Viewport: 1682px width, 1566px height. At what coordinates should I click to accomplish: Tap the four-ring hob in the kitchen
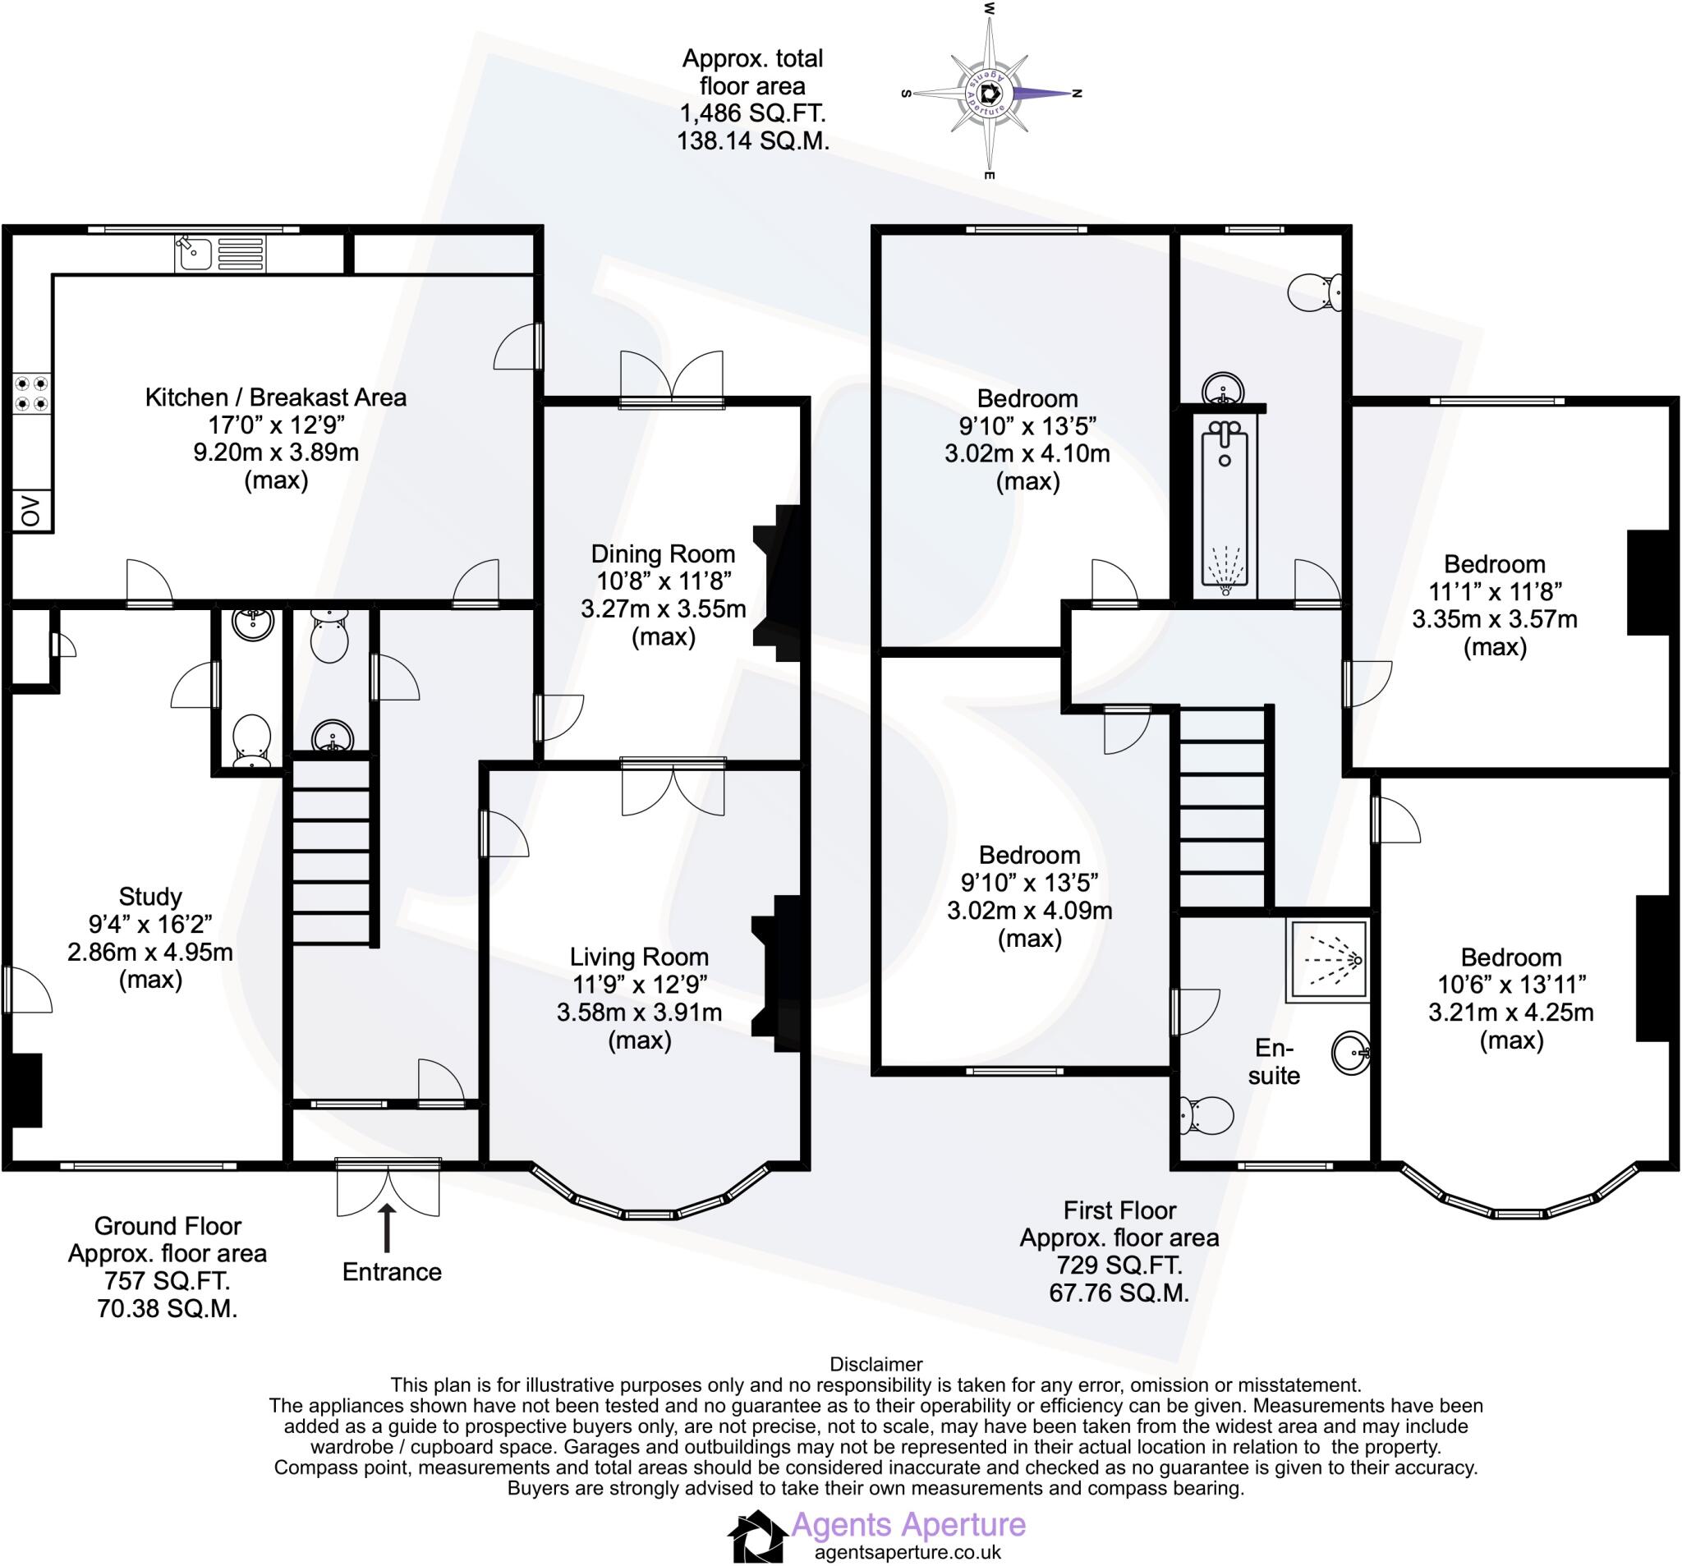[x=31, y=393]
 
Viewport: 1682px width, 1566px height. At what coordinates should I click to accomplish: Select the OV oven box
[x=31, y=511]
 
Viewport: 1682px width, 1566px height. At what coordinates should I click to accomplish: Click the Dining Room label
[x=663, y=554]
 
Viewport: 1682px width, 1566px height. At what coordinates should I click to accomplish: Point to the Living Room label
[x=639, y=957]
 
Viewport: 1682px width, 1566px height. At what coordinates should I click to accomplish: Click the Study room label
[x=149, y=896]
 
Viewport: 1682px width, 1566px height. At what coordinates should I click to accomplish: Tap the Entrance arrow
[x=388, y=1228]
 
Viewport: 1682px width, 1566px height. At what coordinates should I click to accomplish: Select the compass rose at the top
[x=990, y=93]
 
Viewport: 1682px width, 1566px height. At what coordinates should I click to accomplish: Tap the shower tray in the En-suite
[x=1326, y=960]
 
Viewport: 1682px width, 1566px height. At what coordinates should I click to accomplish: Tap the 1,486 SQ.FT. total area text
[x=752, y=113]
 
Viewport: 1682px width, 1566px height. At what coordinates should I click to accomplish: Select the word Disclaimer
[x=875, y=1364]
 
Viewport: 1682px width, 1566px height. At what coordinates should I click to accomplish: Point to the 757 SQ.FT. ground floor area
[x=168, y=1281]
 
